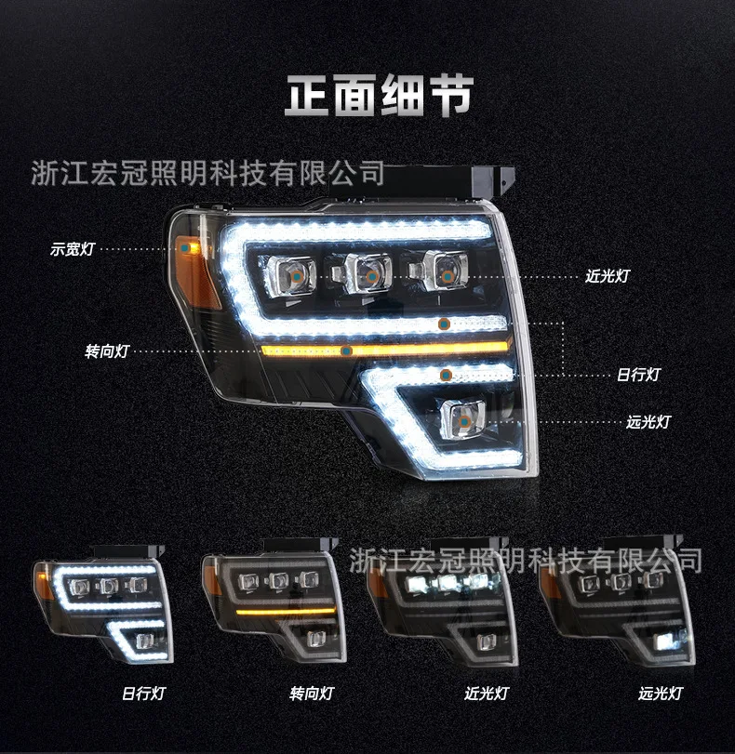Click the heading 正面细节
coord(379,96)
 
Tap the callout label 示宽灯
coord(72,248)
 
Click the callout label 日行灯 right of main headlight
coord(638,374)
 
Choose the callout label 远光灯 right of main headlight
coord(648,421)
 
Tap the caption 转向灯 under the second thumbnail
coord(311,694)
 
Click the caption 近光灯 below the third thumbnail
coord(486,694)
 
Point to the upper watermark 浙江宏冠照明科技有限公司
coord(207,172)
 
